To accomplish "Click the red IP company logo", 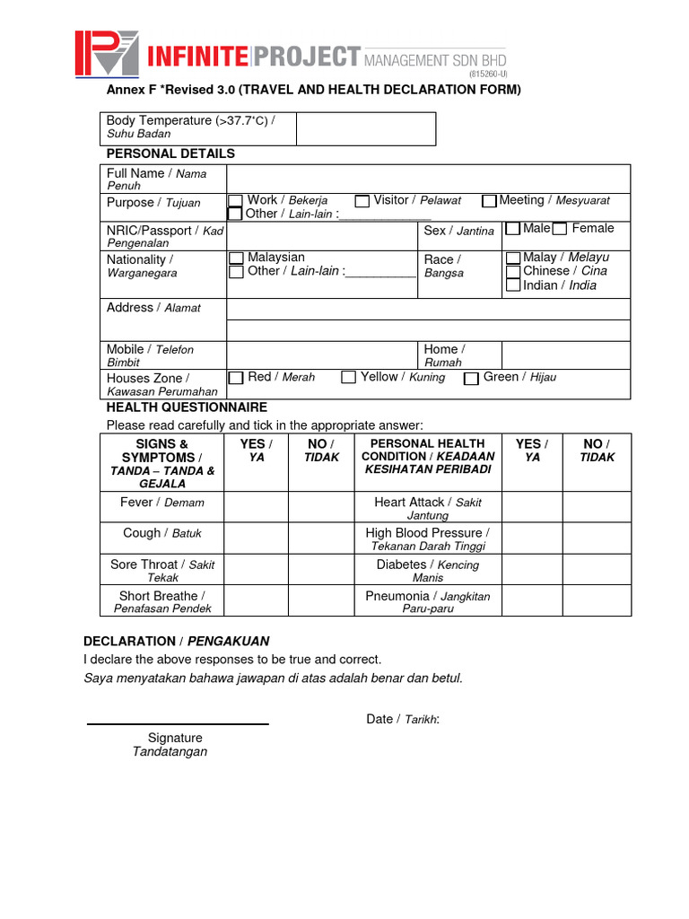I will [106, 55].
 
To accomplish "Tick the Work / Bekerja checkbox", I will [235, 200].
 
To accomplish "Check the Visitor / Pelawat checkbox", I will [362, 201].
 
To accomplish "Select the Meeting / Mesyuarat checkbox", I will [489, 201].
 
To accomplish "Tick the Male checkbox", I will [513, 229].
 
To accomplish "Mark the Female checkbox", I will [560, 229].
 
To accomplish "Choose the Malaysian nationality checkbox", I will [236, 258].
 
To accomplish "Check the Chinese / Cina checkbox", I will [513, 271].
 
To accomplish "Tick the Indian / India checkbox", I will [513, 285].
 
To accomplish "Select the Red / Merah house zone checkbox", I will [236, 378].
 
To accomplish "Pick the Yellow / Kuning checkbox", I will [349, 378].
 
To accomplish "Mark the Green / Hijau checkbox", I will [471, 379].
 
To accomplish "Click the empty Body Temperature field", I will [365, 128].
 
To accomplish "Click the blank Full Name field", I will [428, 179].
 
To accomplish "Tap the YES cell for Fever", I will [256, 506].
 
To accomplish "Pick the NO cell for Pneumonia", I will [598, 600].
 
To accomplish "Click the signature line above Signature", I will [177, 723].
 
